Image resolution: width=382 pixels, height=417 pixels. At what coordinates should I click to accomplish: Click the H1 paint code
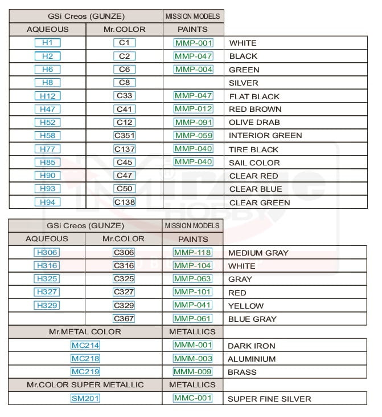[47, 43]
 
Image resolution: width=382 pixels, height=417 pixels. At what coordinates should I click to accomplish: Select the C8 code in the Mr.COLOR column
[124, 83]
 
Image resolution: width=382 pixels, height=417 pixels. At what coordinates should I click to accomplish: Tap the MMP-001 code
[194, 43]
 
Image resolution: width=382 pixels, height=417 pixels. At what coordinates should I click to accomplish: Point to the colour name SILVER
[243, 83]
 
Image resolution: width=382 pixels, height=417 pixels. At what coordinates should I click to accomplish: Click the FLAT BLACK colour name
[254, 96]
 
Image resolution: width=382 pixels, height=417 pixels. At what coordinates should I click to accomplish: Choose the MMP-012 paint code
[194, 109]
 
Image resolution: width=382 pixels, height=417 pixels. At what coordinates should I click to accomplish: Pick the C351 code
[124, 136]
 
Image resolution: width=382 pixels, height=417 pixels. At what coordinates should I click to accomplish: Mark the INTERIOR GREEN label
[265, 136]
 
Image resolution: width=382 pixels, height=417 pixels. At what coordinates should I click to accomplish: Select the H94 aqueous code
[47, 202]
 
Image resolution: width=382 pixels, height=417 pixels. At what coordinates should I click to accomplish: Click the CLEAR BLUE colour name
[256, 189]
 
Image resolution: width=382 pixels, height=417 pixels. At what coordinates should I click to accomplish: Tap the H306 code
[47, 253]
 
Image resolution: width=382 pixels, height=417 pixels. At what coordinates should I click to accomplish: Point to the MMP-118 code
[192, 253]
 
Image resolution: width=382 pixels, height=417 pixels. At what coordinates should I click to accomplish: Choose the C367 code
[124, 319]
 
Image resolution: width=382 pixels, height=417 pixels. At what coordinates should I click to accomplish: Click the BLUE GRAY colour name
[252, 319]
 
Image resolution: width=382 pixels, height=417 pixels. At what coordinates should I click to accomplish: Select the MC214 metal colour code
[85, 345]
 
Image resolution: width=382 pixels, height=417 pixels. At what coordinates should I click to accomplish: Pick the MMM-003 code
[192, 359]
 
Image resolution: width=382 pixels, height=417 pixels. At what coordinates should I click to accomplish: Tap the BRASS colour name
[242, 372]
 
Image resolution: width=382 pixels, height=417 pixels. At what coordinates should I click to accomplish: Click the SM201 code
[85, 398]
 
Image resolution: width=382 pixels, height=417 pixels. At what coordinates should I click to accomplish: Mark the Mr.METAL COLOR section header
[85, 331]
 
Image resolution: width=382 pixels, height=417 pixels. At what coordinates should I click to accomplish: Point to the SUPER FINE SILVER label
[269, 399]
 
